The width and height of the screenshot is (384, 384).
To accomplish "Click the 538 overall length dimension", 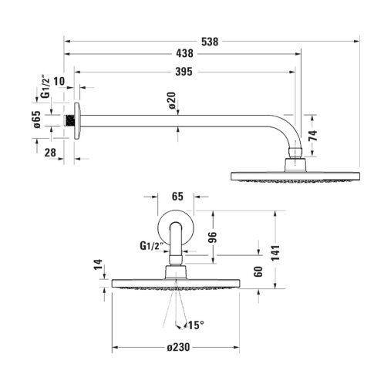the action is click(x=210, y=42).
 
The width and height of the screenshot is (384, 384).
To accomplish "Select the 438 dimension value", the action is click(x=184, y=54).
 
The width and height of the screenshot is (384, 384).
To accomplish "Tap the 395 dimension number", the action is click(x=184, y=72).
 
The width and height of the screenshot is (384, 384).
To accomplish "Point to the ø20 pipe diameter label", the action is click(x=172, y=100).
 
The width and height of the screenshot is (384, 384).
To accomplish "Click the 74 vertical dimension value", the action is click(x=313, y=136).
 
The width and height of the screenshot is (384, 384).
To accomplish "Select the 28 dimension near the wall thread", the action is click(x=50, y=153).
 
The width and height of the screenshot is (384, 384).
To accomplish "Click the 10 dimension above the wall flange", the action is click(x=59, y=82).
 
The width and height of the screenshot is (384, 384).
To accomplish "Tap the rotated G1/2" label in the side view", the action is click(x=45, y=86).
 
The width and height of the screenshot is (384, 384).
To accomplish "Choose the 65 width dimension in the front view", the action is click(x=177, y=197).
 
